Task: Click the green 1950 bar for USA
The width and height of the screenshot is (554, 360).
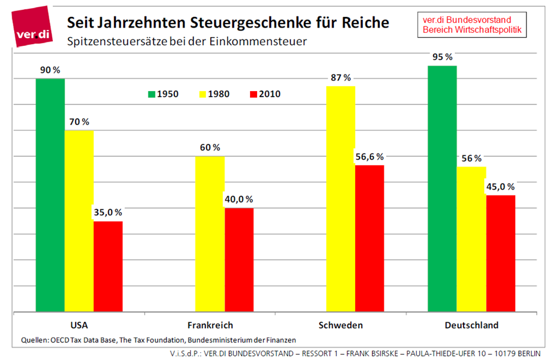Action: click(x=50, y=194)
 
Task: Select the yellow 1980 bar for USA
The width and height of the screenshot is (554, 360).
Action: click(x=79, y=220)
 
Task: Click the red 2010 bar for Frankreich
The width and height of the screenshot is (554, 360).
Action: click(x=239, y=259)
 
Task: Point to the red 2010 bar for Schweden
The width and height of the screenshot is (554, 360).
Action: click(x=369, y=238)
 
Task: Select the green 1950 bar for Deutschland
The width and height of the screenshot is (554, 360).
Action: click(x=442, y=188)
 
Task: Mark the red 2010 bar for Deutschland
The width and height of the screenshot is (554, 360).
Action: click(x=501, y=253)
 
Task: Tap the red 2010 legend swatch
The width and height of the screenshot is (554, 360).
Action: click(x=254, y=93)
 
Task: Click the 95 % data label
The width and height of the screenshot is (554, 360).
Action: click(x=442, y=57)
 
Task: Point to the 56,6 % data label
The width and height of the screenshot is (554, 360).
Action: click(x=370, y=156)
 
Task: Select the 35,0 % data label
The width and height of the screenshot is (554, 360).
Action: click(x=108, y=213)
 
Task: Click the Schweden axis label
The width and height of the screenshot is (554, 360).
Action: click(x=340, y=325)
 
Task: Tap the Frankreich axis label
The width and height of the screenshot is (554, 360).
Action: click(x=210, y=325)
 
